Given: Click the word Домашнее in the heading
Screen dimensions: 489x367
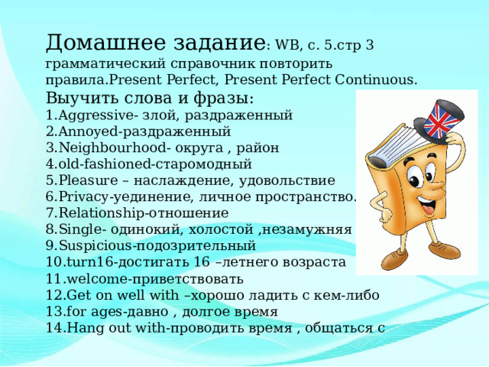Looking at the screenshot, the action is pyautogui.click(x=105, y=43).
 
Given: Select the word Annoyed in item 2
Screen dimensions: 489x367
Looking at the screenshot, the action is pyautogui.click(x=89, y=132).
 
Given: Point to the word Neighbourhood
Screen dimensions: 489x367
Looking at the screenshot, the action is pyautogui.click(x=112, y=148).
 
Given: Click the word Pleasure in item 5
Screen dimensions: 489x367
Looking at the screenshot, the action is pyautogui.click(x=89, y=180).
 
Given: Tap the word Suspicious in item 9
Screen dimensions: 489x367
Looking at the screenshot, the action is pyautogui.click(x=95, y=246).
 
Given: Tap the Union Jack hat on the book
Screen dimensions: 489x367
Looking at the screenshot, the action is pyautogui.click(x=440, y=120).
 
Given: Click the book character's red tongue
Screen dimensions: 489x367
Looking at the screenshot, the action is pyautogui.click(x=429, y=209).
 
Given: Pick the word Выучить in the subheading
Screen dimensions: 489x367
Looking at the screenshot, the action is pyautogui.click(x=83, y=99).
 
